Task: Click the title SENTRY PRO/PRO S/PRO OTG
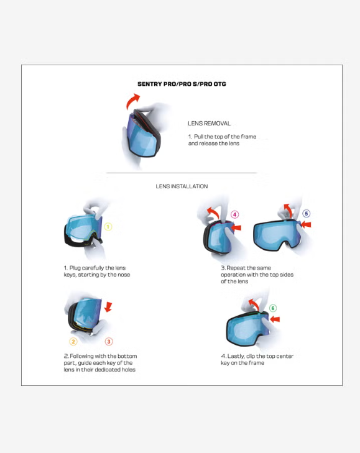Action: pos(182,84)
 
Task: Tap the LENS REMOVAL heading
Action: pos(210,124)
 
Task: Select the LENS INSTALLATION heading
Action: pos(182,186)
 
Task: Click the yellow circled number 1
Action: pos(108,227)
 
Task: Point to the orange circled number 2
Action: pos(73,342)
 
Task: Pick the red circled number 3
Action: pos(109,342)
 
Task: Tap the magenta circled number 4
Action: pos(235,214)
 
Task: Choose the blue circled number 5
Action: pos(306,214)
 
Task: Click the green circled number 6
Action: pos(273,308)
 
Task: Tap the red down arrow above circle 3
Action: pos(108,307)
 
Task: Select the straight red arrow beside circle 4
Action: pos(236,227)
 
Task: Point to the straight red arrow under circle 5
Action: pos(306,224)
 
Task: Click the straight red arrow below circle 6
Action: pos(275,319)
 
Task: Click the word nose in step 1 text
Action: pos(124,275)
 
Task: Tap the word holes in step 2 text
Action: pos(129,370)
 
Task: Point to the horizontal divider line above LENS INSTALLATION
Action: pos(182,173)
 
